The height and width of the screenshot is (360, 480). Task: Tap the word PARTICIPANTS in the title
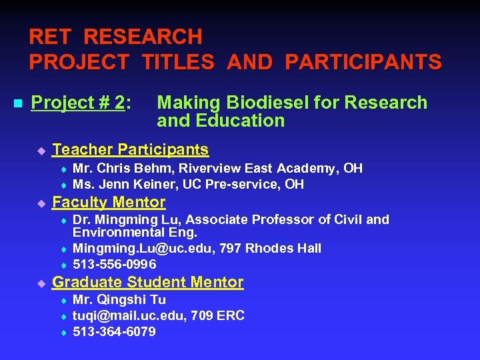(363, 63)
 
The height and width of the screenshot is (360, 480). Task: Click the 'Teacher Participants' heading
(130, 149)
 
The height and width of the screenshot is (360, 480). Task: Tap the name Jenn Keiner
(131, 184)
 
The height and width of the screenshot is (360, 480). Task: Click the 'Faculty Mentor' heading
(109, 202)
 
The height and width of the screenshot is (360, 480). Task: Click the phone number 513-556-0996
(115, 264)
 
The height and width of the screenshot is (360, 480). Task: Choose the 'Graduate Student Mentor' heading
(147, 282)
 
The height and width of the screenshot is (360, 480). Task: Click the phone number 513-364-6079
(114, 331)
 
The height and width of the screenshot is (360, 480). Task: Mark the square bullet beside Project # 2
(18, 103)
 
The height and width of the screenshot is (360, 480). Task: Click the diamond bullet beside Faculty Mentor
(40, 203)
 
